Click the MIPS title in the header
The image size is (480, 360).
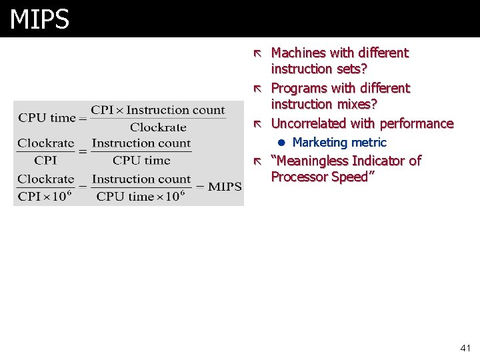39,19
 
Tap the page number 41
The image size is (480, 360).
465,348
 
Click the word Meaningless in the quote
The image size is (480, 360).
313,161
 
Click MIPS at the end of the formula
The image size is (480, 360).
224,187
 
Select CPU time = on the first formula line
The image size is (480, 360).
50,118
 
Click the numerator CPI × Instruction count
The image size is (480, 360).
158,110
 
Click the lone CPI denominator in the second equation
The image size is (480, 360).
45,160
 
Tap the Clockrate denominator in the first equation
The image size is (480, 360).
158,127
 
